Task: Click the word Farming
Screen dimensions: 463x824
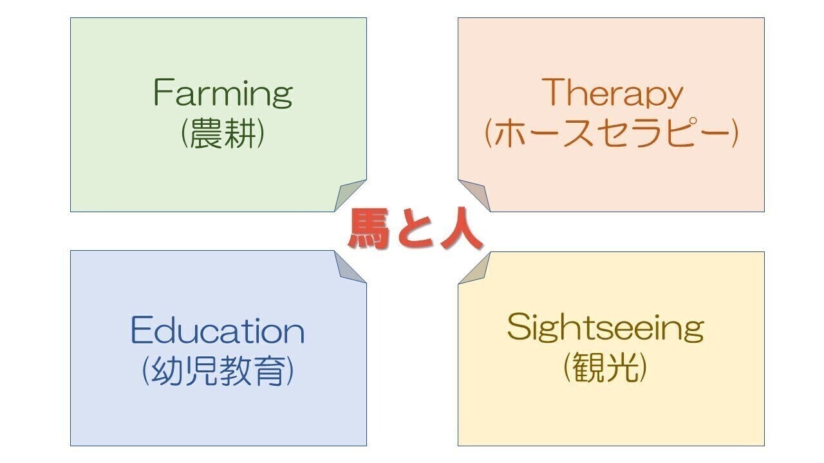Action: tap(223, 95)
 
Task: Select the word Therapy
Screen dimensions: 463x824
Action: tap(612, 95)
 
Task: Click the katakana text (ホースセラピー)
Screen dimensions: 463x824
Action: tap(611, 134)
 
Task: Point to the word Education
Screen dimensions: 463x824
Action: tap(218, 331)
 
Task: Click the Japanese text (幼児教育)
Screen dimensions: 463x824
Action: tap(218, 371)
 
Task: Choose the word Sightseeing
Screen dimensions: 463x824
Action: tap(605, 328)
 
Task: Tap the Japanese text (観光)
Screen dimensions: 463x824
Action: tap(605, 368)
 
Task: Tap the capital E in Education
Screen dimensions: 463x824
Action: tap(141, 331)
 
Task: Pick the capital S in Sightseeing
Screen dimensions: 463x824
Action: tap(518, 327)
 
